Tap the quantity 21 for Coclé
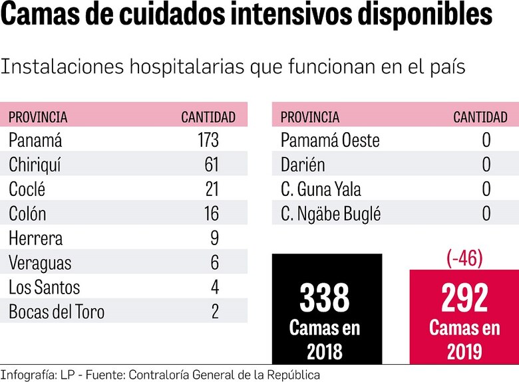tap(212, 189)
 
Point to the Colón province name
tap(27, 214)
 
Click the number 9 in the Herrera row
tap(214, 238)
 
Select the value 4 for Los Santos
tap(214, 287)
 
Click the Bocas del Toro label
tap(57, 312)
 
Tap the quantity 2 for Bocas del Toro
tap(214, 312)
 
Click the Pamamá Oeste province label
tap(330, 140)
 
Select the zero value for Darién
tap(486, 165)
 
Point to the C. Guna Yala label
tap(321, 189)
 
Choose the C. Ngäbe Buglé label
tap(331, 214)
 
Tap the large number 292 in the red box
tap(464, 298)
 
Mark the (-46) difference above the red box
tap(463, 258)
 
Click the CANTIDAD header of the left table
tap(208, 118)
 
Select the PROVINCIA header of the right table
tap(310, 118)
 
